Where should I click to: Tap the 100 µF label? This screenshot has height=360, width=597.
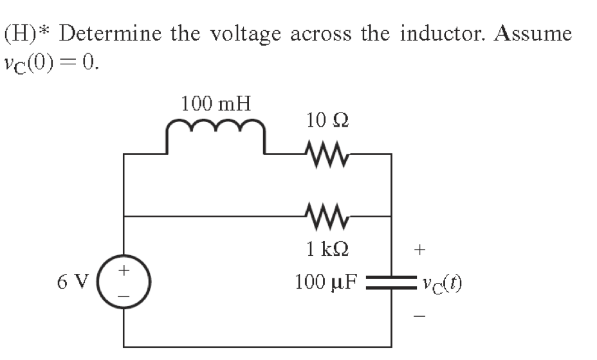point(326,282)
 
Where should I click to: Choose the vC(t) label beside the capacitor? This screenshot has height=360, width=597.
point(441,282)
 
